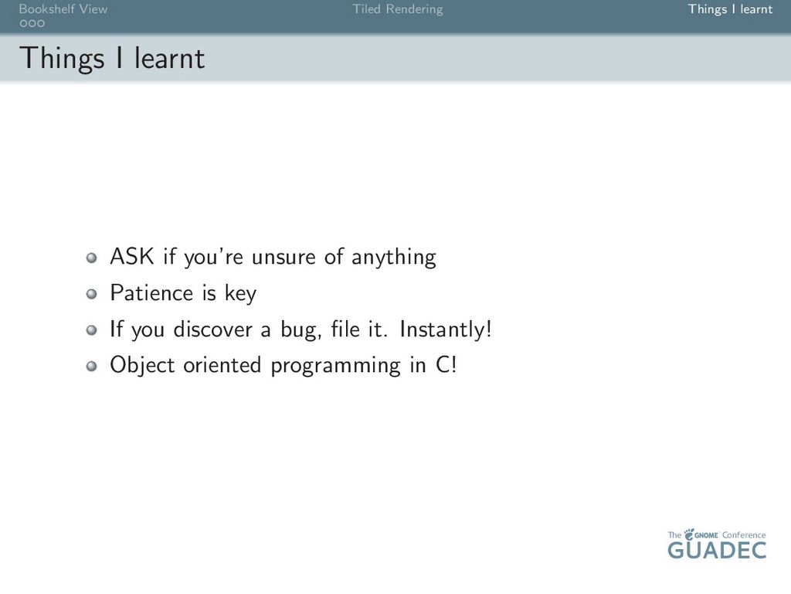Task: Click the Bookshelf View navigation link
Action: pos(63,9)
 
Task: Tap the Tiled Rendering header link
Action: pos(398,9)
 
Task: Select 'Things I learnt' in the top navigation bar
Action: pos(730,9)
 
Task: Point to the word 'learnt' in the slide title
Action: pos(169,57)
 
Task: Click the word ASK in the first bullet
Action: pos(131,256)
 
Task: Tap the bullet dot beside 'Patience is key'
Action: pos(91,294)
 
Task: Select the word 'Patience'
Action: pos(151,293)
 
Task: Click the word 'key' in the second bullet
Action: pos(241,293)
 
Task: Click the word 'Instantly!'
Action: pos(446,329)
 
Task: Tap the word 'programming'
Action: pos(335,366)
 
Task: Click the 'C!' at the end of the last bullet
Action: pos(446,365)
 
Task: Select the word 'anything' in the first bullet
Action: pos(393,257)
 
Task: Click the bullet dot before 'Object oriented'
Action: pos(91,366)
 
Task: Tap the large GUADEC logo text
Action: pos(717,550)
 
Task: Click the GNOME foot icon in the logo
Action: pos(688,534)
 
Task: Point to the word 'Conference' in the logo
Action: pos(744,535)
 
